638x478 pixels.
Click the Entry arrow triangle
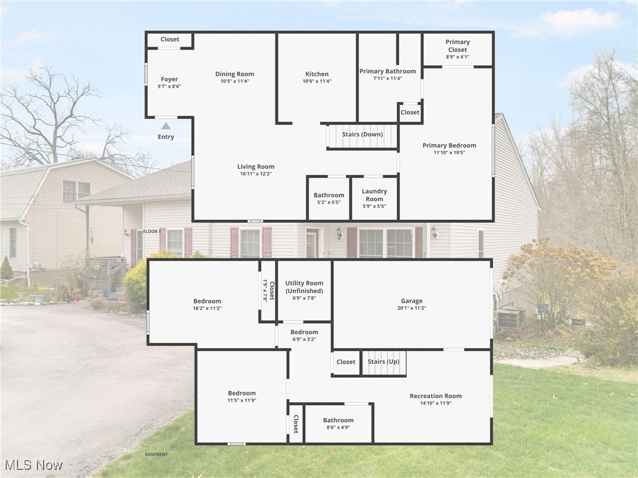pyautogui.click(x=166, y=126)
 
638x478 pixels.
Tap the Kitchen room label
pyautogui.click(x=317, y=74)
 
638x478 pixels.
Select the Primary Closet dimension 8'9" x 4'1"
pyautogui.click(x=457, y=57)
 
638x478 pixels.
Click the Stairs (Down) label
pyautogui.click(x=362, y=134)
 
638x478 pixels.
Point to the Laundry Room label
pyautogui.click(x=374, y=192)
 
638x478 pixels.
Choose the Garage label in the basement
pyautogui.click(x=412, y=301)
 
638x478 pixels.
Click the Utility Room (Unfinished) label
pyautogui.click(x=304, y=287)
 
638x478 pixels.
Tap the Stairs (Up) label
pyautogui.click(x=383, y=362)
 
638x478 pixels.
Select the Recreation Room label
pyautogui.click(x=436, y=396)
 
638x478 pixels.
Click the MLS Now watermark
pyautogui.click(x=34, y=465)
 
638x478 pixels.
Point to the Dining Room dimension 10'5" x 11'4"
pyautogui.click(x=234, y=81)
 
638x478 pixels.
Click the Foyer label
pyautogui.click(x=169, y=79)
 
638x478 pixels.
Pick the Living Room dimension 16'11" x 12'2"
pyautogui.click(x=255, y=174)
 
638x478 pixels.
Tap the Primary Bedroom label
pyautogui.click(x=449, y=146)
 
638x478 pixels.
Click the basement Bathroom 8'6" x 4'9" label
pyautogui.click(x=338, y=420)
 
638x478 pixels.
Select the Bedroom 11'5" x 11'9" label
pyautogui.click(x=242, y=393)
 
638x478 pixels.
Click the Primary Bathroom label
pyautogui.click(x=387, y=72)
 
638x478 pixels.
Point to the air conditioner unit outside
pyautogui.click(x=510, y=318)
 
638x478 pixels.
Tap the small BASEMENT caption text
pyautogui.click(x=156, y=454)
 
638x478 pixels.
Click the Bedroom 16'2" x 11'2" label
pyautogui.click(x=207, y=301)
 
